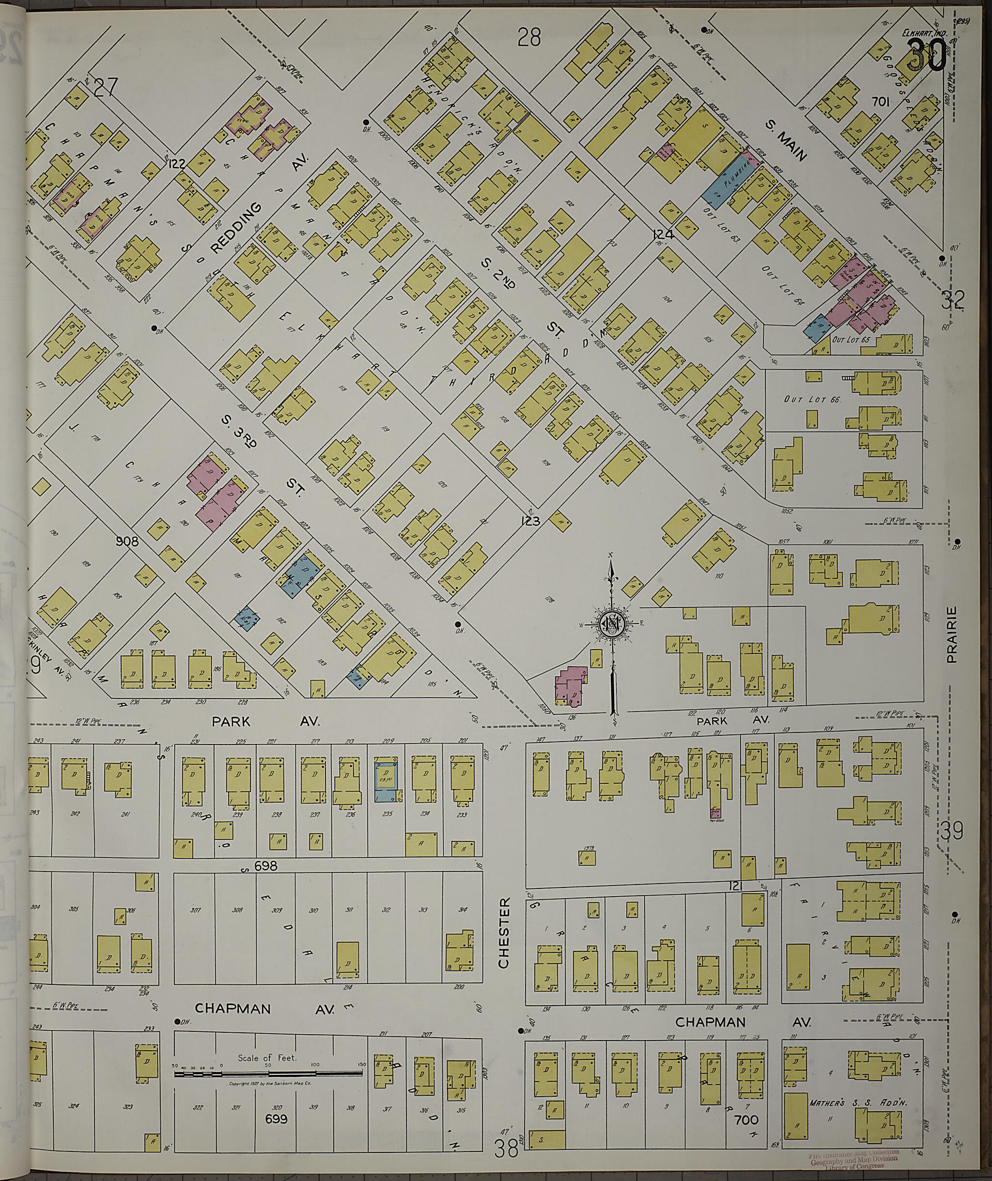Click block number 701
point(881,102)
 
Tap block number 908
point(127,542)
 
